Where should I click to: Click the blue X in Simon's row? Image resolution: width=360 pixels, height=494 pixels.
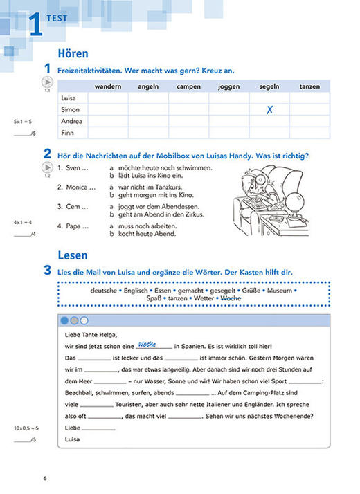pyautogui.click(x=269, y=109)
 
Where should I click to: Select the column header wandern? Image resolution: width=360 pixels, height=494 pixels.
pyautogui.click(x=107, y=86)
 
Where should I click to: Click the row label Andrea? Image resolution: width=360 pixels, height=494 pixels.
pyautogui.click(x=71, y=121)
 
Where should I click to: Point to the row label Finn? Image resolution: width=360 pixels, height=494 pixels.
pyautogui.click(x=67, y=133)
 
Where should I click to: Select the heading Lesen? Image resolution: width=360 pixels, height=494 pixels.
pyautogui.click(x=73, y=255)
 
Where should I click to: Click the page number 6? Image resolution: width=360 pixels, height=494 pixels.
pyautogui.click(x=44, y=479)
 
